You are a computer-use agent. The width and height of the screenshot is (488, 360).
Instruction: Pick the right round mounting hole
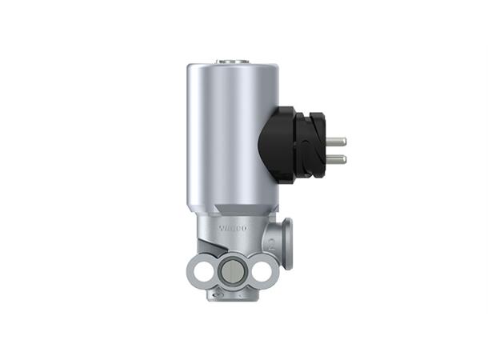tap(262, 270)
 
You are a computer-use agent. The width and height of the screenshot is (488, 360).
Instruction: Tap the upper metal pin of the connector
tap(337, 141)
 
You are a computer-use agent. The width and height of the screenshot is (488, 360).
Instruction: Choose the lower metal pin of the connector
tap(337, 159)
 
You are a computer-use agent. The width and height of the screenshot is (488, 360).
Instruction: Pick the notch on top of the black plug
tap(312, 114)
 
